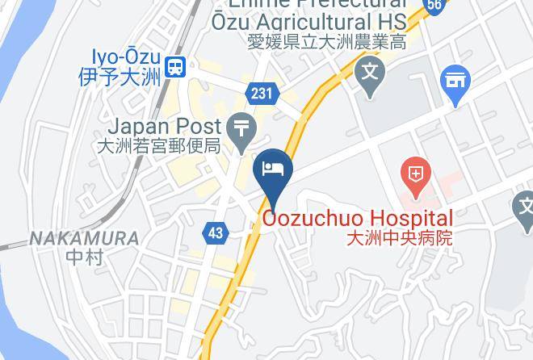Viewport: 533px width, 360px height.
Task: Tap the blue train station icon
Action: point(174,68)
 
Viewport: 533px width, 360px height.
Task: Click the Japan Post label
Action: point(164,127)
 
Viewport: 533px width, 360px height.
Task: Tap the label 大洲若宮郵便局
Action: point(157,146)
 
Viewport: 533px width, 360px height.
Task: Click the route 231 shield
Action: point(261,94)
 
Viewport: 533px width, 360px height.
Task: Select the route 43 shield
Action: point(215,233)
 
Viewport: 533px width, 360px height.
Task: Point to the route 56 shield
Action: point(434,5)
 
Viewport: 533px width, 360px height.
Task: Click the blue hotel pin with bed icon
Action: point(273,170)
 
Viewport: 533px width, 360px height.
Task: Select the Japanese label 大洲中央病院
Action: point(398,238)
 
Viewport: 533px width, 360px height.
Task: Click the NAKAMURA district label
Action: point(84,239)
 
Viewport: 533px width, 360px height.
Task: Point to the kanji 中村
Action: point(82,258)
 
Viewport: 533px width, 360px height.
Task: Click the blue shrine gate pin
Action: point(455,82)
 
